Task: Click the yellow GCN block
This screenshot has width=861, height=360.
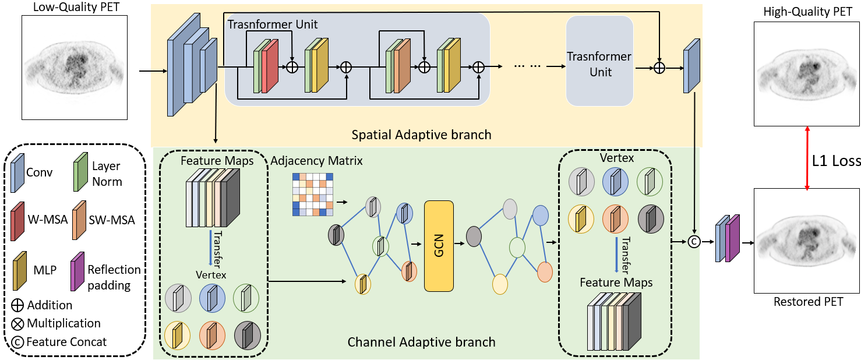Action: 439,245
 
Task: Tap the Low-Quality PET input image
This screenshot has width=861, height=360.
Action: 75,68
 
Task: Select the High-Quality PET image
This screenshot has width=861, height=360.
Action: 807,74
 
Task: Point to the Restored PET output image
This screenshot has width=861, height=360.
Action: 807,241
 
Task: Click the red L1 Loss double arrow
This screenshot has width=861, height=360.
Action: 807,157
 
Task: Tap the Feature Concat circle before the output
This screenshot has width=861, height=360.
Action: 694,241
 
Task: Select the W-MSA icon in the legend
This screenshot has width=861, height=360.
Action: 18,220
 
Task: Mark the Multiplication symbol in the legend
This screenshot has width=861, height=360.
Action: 17,323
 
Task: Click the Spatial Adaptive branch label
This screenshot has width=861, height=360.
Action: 421,135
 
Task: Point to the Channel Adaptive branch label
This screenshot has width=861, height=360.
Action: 421,342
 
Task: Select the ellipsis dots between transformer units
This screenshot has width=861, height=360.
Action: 528,66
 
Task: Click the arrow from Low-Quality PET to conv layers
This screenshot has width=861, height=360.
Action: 153,72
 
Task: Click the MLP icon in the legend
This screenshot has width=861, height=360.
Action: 18,271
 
